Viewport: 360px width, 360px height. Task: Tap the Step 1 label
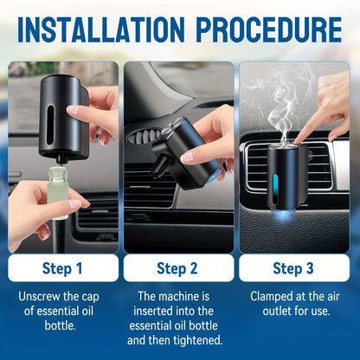(x=63, y=267)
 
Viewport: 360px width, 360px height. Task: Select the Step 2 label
(x=180, y=267)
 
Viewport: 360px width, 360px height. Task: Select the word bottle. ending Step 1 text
(x=63, y=326)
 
